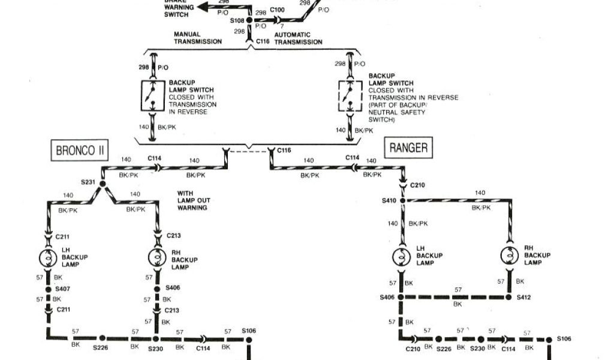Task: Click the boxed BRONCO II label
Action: coord(80,151)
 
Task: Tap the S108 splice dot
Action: coord(250,21)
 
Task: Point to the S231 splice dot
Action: coord(102,184)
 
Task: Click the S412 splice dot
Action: coord(511,297)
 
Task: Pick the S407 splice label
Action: coord(64,289)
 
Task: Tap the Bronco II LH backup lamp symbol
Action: coord(49,258)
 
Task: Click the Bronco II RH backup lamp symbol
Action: coord(157,258)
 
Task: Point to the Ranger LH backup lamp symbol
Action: coord(401,256)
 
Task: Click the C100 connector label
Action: coord(278,10)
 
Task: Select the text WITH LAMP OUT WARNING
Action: coord(192,200)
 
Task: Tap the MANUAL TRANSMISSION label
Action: coord(198,38)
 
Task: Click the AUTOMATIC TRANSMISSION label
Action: coord(298,38)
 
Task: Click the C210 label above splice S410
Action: coord(418,185)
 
